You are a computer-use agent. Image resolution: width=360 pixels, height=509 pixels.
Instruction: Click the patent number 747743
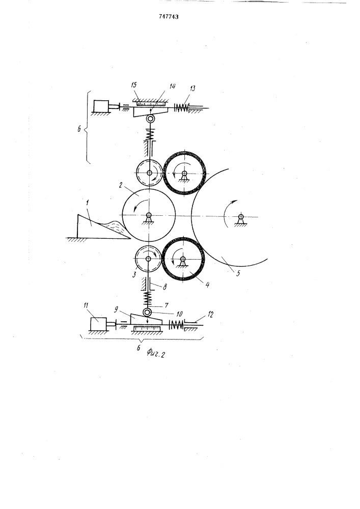point(169,17)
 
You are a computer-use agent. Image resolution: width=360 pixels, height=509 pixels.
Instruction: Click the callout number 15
point(134,86)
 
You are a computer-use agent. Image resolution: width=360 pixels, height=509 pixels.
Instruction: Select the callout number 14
point(173,86)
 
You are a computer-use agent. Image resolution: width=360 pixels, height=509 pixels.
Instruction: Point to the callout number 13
point(192,88)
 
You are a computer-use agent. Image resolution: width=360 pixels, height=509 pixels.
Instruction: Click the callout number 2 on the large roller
point(121,186)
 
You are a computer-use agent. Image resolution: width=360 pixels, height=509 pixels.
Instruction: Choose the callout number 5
point(238,273)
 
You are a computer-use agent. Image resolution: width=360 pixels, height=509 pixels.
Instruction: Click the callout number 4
point(207,285)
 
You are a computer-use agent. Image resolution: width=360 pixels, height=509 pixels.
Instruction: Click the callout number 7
point(167,305)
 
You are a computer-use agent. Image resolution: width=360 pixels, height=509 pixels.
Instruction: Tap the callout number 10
point(179,314)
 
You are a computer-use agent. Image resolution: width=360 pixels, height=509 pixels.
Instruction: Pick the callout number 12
point(210,314)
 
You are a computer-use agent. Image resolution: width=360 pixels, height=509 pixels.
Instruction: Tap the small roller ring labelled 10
point(148,313)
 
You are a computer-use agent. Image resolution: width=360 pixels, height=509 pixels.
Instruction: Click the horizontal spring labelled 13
point(182,107)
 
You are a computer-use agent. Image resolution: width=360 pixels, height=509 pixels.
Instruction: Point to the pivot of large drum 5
point(240,216)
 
